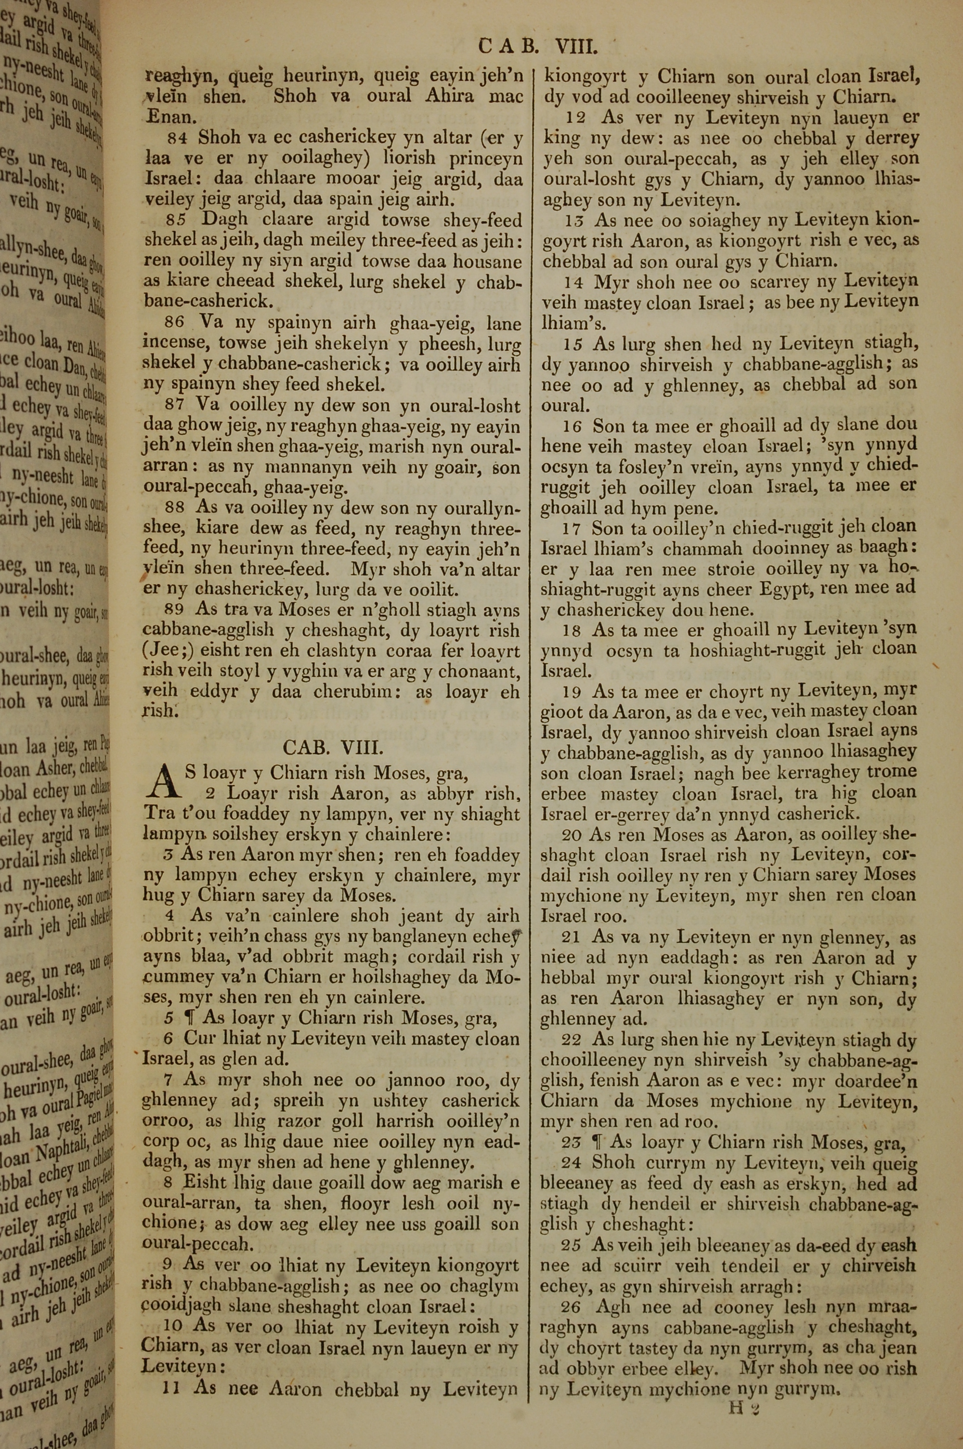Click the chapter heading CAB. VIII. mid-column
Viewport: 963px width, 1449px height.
pyautogui.click(x=333, y=747)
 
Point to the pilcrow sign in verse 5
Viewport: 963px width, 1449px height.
pyautogui.click(x=189, y=1017)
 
